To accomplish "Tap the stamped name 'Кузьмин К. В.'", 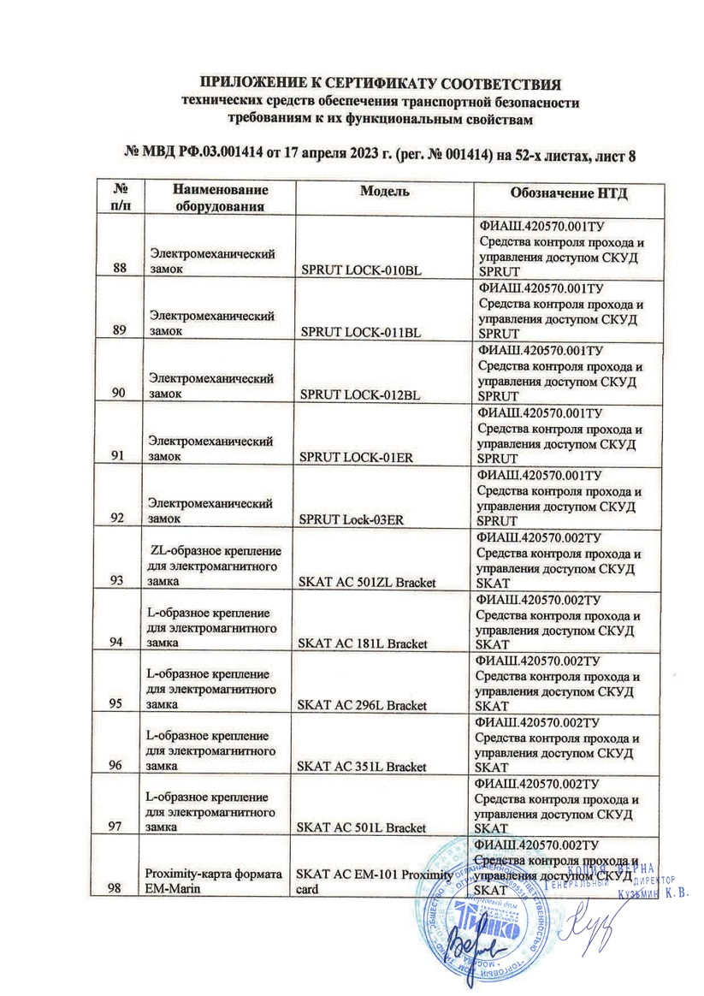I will pyautogui.click(x=652, y=895).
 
